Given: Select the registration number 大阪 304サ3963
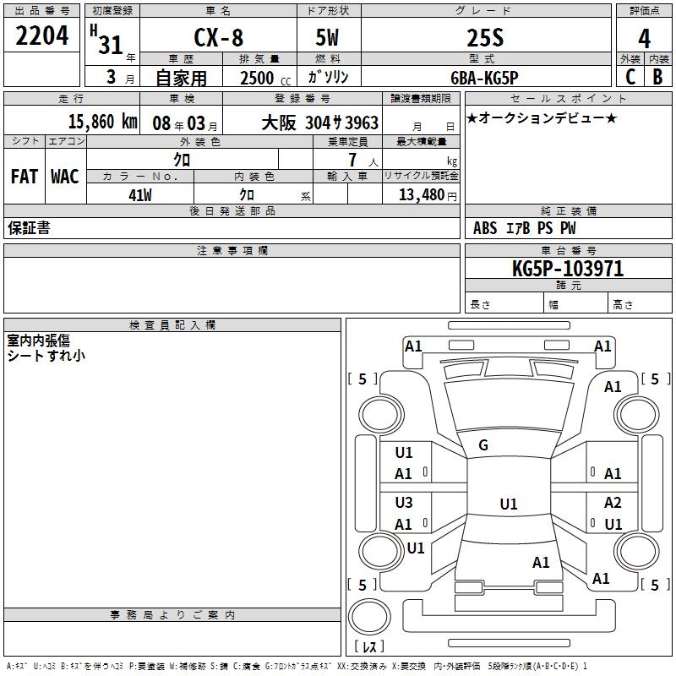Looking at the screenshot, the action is click(x=319, y=123).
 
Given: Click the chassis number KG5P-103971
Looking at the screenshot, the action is click(x=568, y=269).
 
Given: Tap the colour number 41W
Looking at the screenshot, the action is click(x=140, y=195).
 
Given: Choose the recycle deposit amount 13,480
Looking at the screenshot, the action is click(x=420, y=195).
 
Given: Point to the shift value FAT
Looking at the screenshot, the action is click(x=24, y=176).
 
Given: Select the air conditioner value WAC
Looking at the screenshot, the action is click(x=64, y=176).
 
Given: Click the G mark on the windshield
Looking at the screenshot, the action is click(x=483, y=445).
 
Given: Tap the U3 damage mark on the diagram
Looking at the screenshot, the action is click(x=404, y=503).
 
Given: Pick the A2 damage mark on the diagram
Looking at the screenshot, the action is click(x=613, y=503).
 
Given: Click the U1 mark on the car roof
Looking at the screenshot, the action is click(x=508, y=504).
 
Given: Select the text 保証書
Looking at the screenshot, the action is click(x=29, y=228).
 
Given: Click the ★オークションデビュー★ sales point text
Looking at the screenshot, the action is click(x=541, y=118).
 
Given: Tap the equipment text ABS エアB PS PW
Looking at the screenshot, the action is click(x=526, y=228).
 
